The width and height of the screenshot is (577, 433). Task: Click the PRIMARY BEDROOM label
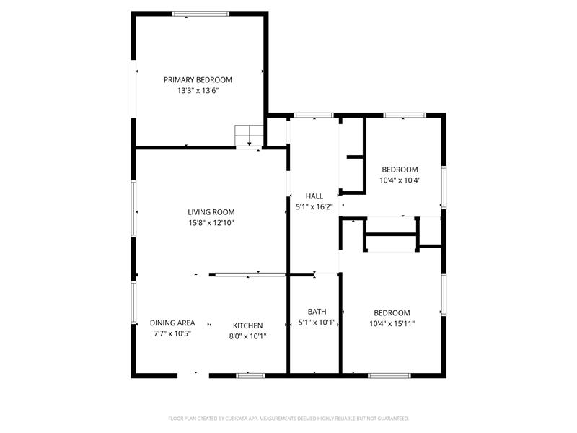click(198, 80)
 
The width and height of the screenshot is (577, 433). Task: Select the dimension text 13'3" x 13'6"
click(198, 91)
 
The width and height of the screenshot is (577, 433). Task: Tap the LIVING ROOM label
click(211, 212)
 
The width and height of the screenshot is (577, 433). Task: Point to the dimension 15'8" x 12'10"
click(211, 223)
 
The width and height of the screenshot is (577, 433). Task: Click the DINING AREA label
click(172, 323)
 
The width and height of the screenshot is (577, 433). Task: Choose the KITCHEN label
click(247, 325)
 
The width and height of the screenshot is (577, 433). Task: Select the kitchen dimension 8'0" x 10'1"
click(247, 336)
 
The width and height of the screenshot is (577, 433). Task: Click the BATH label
click(317, 312)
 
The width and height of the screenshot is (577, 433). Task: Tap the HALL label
click(314, 196)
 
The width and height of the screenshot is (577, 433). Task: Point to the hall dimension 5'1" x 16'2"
click(314, 206)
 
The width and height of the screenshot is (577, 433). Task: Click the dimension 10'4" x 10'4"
click(400, 180)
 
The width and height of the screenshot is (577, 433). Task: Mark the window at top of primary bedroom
click(201, 13)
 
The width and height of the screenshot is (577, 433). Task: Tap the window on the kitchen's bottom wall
click(250, 375)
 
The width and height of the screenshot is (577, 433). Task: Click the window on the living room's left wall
click(133, 208)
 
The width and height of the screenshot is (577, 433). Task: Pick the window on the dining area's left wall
click(133, 302)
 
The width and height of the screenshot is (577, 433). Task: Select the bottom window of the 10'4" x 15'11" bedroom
click(389, 375)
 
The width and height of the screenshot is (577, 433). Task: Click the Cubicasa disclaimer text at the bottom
click(288, 419)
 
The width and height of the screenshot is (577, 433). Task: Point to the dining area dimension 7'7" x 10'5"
click(172, 334)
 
